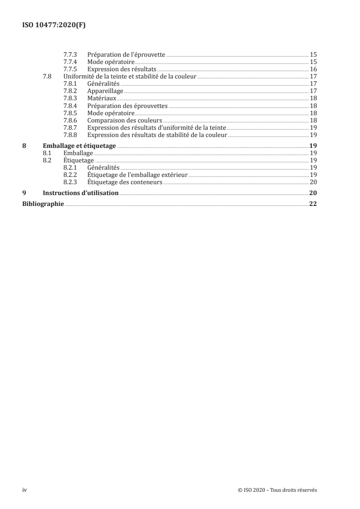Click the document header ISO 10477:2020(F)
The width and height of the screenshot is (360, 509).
pos(54,25)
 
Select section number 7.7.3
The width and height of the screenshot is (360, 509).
pos(71,54)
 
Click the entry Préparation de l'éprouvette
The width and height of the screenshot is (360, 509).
pos(126,54)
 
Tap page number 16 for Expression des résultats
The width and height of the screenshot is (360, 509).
pos(313,69)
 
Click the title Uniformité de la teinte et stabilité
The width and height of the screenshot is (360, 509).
pos(130,76)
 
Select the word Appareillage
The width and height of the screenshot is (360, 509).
pos(105,91)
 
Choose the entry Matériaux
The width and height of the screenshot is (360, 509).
pos(102,98)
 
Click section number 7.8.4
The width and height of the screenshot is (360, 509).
pos(71,106)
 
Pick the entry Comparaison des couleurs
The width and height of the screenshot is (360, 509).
pos(125,120)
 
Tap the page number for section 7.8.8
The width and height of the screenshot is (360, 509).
pos(313,135)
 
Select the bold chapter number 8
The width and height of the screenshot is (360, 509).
pos(25,146)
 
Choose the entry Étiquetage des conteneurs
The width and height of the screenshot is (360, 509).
pos(125,182)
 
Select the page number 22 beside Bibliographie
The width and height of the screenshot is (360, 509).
pos(313,204)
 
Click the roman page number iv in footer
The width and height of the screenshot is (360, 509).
pos(25,490)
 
